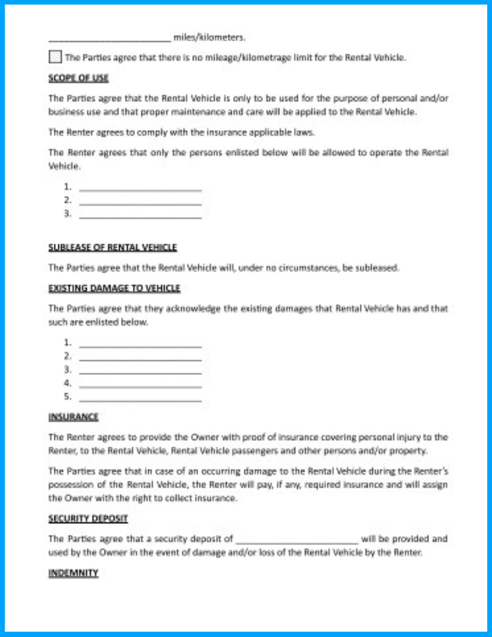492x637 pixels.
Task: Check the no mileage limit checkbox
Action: [x=55, y=57]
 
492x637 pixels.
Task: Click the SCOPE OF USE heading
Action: [x=78, y=78]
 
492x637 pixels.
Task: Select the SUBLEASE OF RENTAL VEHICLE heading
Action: [x=113, y=247]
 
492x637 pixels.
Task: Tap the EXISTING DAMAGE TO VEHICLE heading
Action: [x=114, y=288]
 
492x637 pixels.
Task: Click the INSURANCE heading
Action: [x=73, y=416]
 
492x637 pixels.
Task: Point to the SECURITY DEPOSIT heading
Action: [x=88, y=518]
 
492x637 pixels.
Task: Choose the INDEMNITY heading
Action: [x=73, y=573]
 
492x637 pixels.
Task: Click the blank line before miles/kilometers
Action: [x=110, y=40]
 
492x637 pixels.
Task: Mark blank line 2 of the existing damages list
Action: [x=140, y=358]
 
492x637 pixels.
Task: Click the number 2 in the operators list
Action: [x=67, y=200]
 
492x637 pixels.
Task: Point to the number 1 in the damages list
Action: [x=67, y=342]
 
